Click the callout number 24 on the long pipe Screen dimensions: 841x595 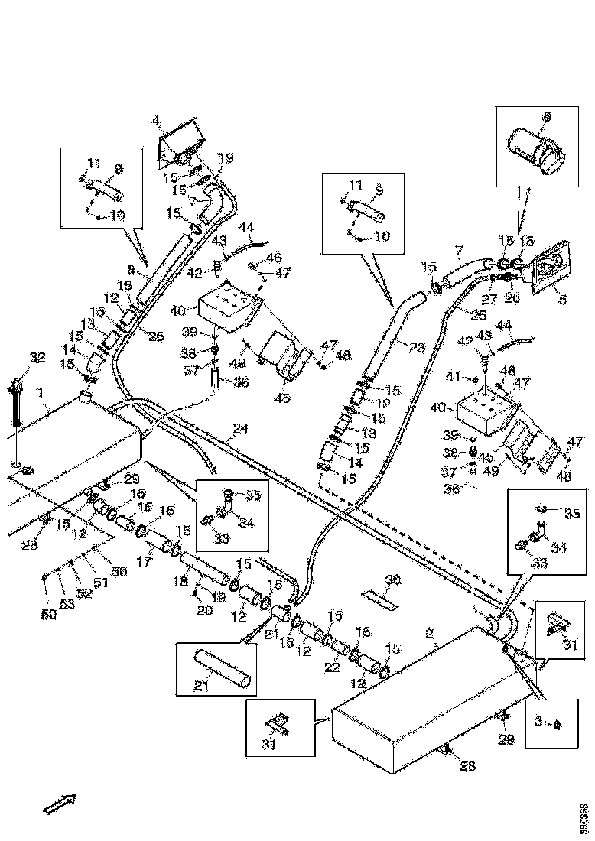pos(241,430)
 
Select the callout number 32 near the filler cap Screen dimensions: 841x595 pos(37,357)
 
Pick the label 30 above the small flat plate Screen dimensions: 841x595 pos(392,580)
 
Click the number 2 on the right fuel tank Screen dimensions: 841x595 pos(430,633)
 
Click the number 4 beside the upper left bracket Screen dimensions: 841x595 pos(156,121)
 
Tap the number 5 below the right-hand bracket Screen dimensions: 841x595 pos(562,300)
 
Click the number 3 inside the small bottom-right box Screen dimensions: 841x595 pos(538,722)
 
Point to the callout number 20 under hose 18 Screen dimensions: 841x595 pos(204,610)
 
